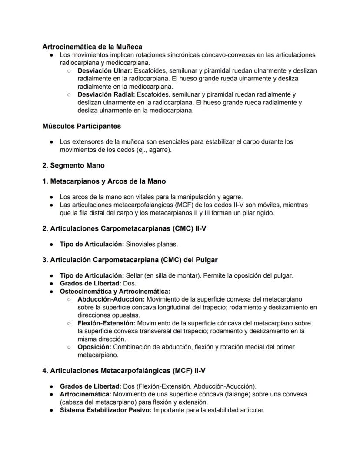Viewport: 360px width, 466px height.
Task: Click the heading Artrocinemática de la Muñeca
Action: coord(92,47)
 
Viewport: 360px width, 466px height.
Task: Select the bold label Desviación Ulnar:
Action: coord(105,70)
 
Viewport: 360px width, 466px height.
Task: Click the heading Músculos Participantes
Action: coord(82,126)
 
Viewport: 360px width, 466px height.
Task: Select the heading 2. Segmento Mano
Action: coord(73,165)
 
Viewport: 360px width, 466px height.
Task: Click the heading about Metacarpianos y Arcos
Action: coord(104,181)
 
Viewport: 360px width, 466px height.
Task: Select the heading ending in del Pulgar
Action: coord(130,260)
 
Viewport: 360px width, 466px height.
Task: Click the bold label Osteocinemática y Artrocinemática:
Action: coord(115,292)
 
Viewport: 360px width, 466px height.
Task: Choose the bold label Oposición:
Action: coord(94,347)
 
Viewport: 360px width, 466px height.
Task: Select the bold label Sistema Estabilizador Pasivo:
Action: coord(106,410)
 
